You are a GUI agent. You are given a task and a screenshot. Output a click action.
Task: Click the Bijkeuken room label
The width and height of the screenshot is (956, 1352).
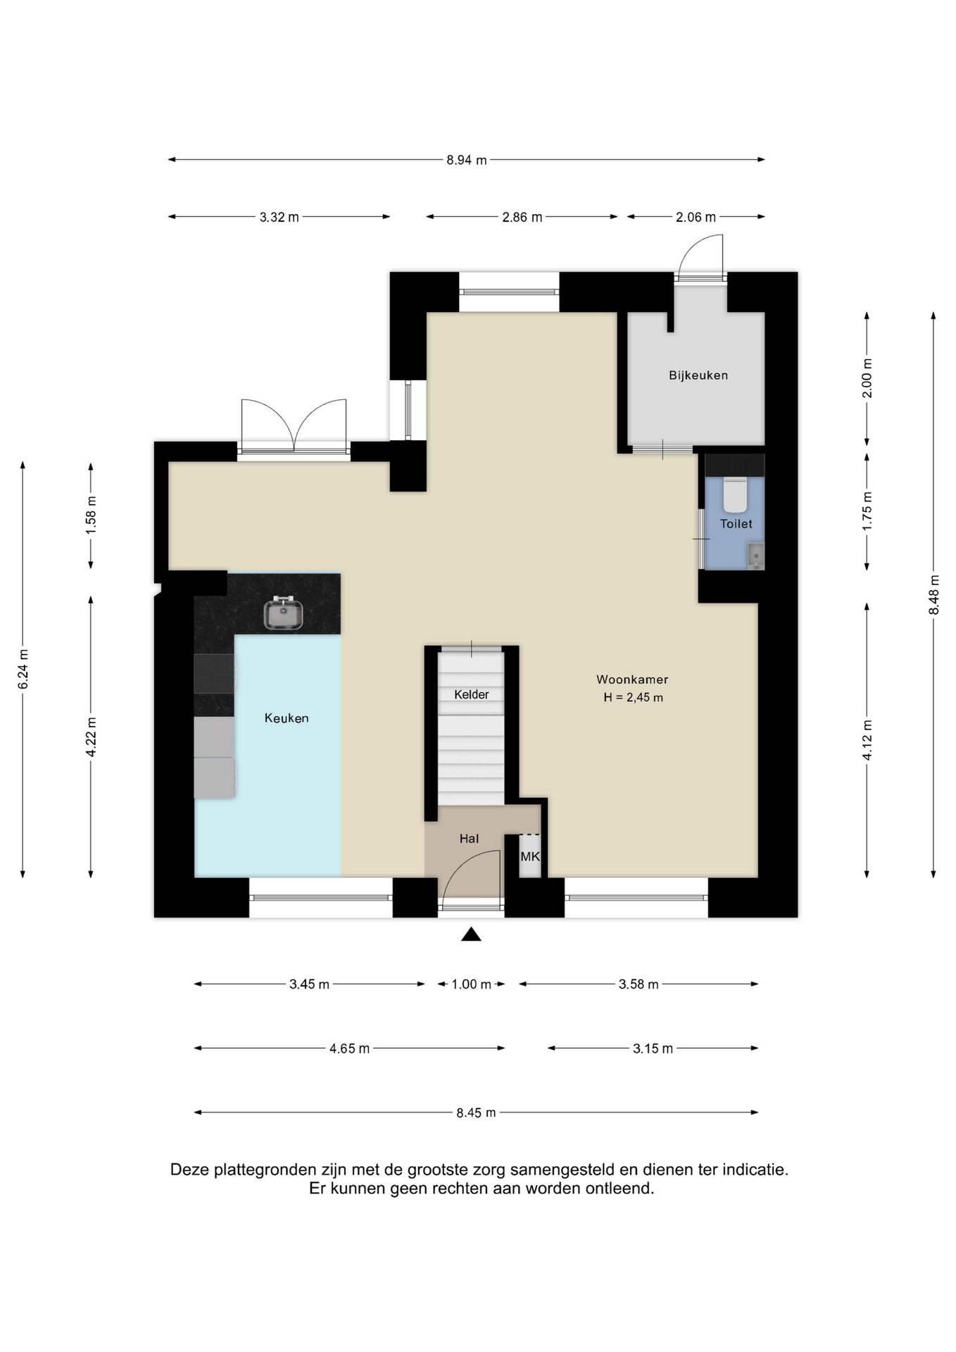(698, 375)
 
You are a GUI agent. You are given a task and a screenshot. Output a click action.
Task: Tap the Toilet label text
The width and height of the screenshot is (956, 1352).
(736, 524)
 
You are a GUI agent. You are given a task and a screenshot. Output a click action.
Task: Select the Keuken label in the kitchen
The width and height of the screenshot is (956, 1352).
(287, 718)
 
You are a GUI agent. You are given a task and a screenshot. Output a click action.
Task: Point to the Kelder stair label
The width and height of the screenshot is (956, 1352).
(471, 694)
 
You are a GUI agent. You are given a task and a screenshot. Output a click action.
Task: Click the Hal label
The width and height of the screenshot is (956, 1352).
(469, 839)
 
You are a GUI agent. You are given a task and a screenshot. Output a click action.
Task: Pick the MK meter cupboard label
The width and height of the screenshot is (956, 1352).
(530, 857)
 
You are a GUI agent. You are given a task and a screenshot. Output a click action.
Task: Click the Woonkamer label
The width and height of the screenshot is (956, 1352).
(632, 680)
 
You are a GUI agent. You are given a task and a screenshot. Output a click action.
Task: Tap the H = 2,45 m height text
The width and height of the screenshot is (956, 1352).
(633, 698)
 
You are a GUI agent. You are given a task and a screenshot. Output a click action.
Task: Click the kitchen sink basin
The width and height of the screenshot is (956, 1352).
(284, 613)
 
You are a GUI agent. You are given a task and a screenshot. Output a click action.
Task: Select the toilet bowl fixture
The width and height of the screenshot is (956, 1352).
(735, 495)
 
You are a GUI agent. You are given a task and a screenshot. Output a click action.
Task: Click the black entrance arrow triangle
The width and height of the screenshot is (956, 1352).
(471, 934)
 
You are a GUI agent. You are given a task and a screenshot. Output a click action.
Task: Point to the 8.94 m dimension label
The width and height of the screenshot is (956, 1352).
(467, 160)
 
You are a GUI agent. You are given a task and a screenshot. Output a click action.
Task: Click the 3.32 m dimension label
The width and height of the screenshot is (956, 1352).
(279, 217)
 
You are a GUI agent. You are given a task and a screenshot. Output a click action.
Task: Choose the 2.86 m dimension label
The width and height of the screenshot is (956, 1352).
(522, 217)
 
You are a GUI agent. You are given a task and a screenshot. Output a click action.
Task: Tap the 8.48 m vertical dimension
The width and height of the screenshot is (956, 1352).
(934, 595)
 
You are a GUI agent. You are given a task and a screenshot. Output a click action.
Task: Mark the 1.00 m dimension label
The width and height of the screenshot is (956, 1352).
(471, 984)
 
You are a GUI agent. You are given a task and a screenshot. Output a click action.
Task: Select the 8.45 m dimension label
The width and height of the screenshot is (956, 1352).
(476, 1113)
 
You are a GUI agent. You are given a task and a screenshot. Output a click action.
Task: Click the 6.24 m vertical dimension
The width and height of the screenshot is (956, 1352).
(23, 669)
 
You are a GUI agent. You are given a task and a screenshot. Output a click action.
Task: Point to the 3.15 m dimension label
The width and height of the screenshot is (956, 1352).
(653, 1049)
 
